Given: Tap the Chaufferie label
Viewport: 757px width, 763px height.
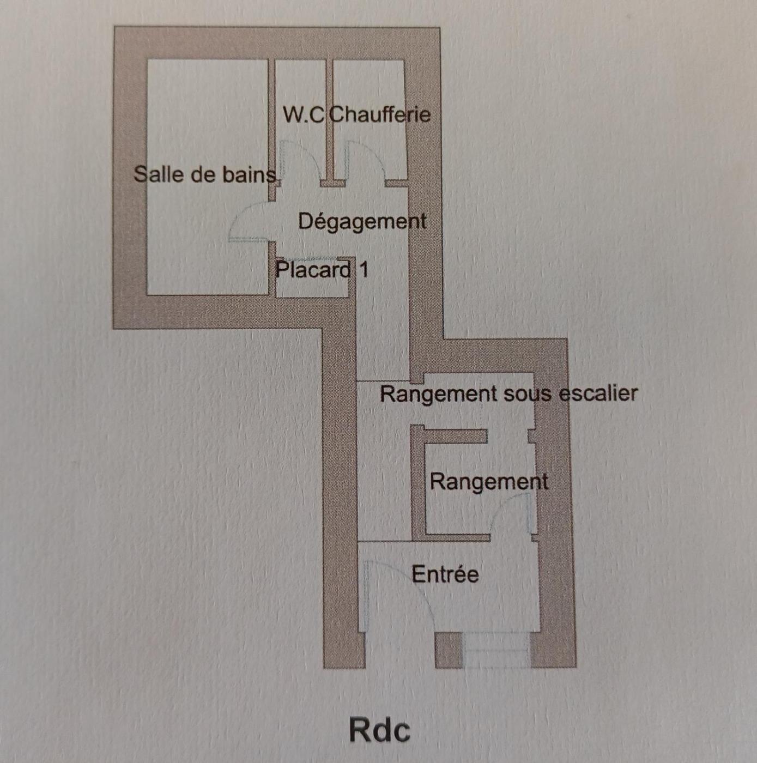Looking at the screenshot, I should point(380,114).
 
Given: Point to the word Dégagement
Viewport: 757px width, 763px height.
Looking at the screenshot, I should point(362,221).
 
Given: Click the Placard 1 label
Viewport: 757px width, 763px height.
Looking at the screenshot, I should point(322,270).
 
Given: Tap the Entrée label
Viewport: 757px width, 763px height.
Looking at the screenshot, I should point(445,574).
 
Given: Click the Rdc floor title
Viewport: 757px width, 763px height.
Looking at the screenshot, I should point(379,730).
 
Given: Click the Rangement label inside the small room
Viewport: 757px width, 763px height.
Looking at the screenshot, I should point(489,482).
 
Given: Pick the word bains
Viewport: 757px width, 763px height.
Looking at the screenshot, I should point(253,174).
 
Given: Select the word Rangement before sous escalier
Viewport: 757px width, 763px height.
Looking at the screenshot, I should point(438,393).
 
